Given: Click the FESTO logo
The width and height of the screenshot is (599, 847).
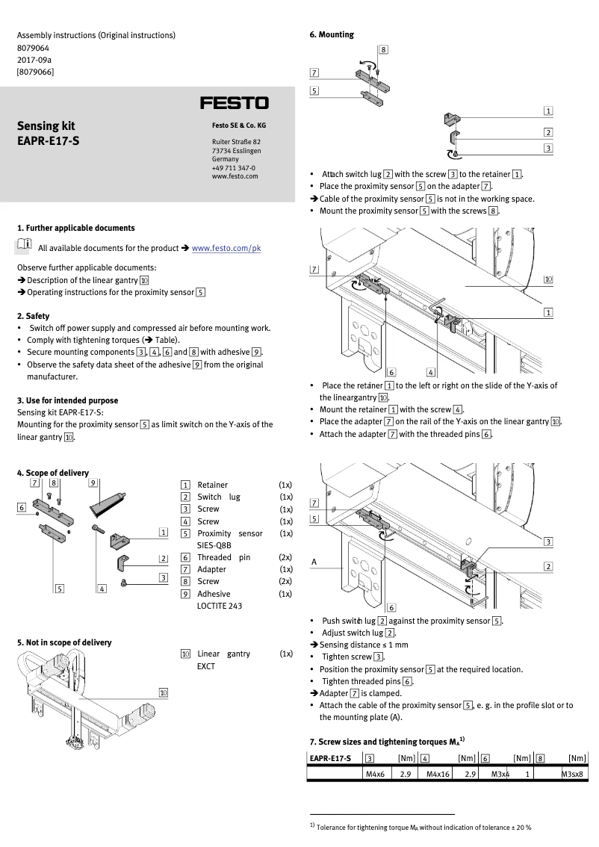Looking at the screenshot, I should point(234,103).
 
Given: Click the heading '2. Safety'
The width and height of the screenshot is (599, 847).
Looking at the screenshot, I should point(33,316).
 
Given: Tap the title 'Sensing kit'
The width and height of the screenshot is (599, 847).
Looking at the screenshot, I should point(46,125).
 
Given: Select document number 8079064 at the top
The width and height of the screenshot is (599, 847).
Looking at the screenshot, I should point(34,47).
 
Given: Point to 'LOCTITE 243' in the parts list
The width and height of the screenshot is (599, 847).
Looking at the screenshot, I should point(219,606).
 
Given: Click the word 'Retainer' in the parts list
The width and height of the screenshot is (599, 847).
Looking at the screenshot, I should point(212,485).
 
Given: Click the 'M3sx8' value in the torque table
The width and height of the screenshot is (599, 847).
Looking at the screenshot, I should point(573,775).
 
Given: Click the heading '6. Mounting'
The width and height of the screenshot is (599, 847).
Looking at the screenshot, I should point(332,34).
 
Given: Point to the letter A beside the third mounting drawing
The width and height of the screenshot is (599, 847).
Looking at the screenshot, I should point(314,561).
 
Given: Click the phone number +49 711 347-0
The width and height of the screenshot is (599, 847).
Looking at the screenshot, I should point(233,168).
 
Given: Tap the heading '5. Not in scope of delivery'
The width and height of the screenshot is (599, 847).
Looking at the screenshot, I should point(63,642).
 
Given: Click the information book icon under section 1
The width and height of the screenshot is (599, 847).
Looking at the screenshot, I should point(23,245).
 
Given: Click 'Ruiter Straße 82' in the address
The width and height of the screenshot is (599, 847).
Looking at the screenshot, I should point(236,142).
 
